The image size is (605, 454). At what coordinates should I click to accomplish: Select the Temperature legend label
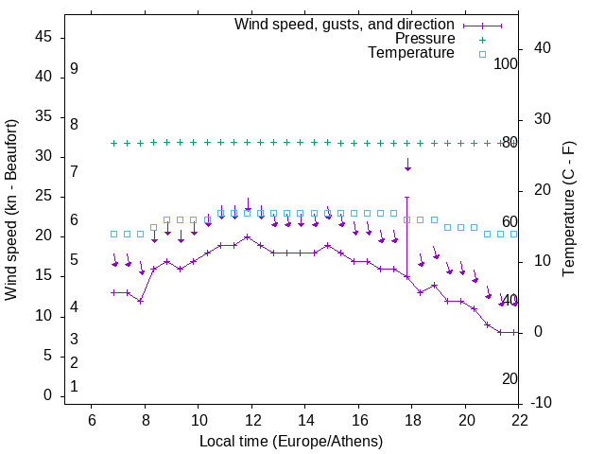(411, 54)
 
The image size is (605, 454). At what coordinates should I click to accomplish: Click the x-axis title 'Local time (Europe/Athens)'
(291, 442)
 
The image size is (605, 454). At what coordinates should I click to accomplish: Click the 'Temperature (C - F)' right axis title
(569, 210)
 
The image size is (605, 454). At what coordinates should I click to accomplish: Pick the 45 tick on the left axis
(43, 37)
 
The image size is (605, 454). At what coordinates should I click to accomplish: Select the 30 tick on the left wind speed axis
(43, 157)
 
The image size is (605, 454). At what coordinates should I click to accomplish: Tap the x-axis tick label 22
(519, 420)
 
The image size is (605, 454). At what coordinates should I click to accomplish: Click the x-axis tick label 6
(91, 420)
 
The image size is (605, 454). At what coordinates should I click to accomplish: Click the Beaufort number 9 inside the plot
(74, 69)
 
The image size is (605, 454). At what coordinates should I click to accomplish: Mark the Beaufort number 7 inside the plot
(74, 171)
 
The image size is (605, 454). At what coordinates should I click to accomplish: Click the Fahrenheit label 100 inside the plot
(506, 63)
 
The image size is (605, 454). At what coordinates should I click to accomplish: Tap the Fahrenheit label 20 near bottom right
(510, 378)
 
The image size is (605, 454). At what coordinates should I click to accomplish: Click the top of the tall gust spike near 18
(407, 198)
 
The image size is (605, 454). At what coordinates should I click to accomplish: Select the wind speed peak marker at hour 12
(247, 237)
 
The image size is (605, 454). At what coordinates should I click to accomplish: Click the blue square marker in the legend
(482, 55)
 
